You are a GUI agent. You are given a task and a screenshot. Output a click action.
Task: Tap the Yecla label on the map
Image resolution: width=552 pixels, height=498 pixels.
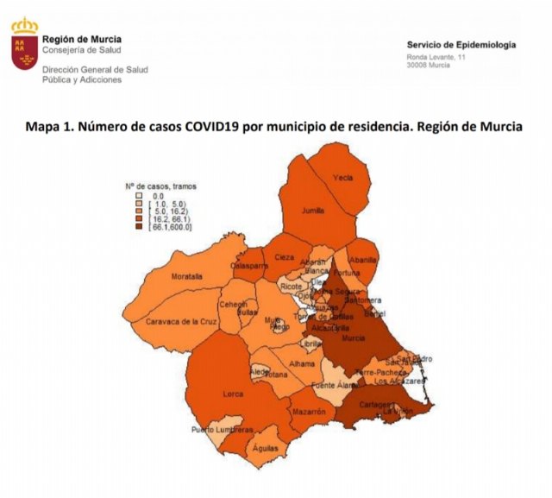343,178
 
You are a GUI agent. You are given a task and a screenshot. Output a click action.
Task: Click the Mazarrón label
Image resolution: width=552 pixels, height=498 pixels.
308,413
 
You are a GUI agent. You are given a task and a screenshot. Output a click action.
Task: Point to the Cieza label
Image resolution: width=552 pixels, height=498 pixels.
285,257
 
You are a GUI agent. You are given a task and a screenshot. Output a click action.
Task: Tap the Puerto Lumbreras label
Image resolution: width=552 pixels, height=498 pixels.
223,430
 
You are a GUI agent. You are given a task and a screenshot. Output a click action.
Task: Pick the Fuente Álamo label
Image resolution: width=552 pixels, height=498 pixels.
334,384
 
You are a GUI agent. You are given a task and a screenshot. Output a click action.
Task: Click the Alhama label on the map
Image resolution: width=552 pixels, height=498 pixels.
302,364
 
